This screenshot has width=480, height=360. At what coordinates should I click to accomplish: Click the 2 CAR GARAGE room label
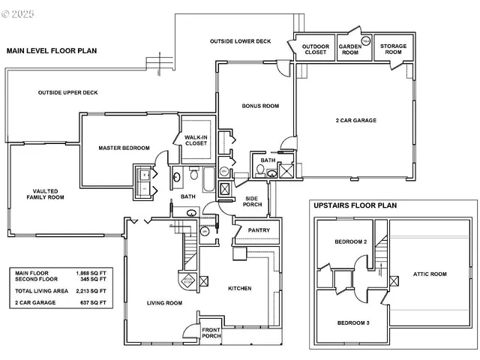[355, 120]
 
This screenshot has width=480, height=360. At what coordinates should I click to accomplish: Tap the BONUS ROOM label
[260, 106]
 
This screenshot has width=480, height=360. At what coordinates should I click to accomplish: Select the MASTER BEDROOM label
[124, 148]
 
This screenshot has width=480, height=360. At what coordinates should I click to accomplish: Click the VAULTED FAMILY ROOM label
[43, 194]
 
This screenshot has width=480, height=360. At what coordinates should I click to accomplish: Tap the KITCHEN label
[240, 288]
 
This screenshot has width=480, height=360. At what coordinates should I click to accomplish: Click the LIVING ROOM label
[163, 303]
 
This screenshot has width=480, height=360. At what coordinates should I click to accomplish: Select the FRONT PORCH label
[210, 332]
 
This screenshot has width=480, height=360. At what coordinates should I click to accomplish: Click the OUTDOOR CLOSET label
[316, 50]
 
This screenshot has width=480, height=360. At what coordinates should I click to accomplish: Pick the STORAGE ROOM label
[393, 50]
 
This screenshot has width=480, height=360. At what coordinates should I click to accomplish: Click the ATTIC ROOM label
[430, 274]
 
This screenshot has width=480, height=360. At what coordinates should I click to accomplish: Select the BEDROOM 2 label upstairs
[350, 241]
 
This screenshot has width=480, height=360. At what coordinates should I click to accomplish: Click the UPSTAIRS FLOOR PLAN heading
[355, 205]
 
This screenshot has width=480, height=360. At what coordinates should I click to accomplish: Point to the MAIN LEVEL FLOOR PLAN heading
[52, 51]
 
